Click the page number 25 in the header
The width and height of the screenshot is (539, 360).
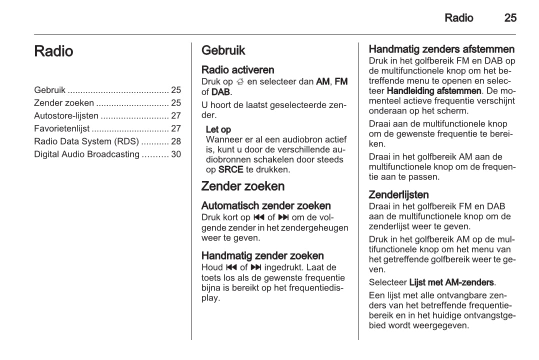pos(510,18)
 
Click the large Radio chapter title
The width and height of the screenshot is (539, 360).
pos(53,51)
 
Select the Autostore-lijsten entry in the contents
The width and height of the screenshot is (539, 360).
pos(66,116)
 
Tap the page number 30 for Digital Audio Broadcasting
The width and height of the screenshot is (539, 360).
pos(176,154)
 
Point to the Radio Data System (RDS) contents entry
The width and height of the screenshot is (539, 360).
pos(86,141)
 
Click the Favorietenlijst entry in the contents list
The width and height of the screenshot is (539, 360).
pos(61,128)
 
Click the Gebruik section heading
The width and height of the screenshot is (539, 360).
pos(223,50)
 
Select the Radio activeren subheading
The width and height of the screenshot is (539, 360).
pos(237,70)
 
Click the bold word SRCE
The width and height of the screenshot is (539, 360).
pos(231,170)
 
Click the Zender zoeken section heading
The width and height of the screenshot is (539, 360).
pos(242,186)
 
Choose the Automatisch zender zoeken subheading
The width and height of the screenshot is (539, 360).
pos(265,205)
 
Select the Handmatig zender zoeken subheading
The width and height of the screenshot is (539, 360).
pos(262,256)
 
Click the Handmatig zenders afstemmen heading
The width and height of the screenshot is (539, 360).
pos(441,49)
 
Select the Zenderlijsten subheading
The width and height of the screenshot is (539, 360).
pos(398,194)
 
